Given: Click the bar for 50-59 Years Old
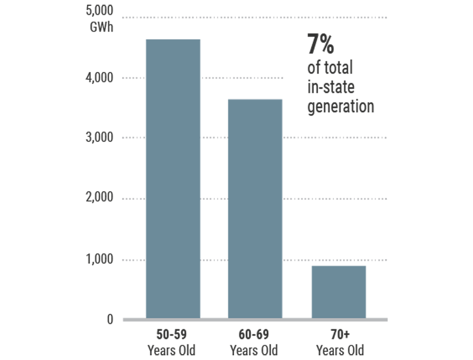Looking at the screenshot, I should (173, 179).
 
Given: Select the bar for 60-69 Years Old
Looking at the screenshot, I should (255, 209).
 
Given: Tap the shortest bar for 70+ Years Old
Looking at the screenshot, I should (339, 292).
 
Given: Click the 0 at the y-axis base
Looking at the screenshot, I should (110, 319).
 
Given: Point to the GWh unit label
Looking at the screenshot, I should (102, 27).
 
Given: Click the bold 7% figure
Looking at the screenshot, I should (320, 45).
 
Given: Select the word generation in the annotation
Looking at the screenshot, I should (341, 106).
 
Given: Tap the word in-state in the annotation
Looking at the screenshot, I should (331, 87).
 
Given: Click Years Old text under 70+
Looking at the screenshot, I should (340, 350).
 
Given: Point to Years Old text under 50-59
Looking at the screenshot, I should (171, 350).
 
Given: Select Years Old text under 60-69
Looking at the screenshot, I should (254, 350).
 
